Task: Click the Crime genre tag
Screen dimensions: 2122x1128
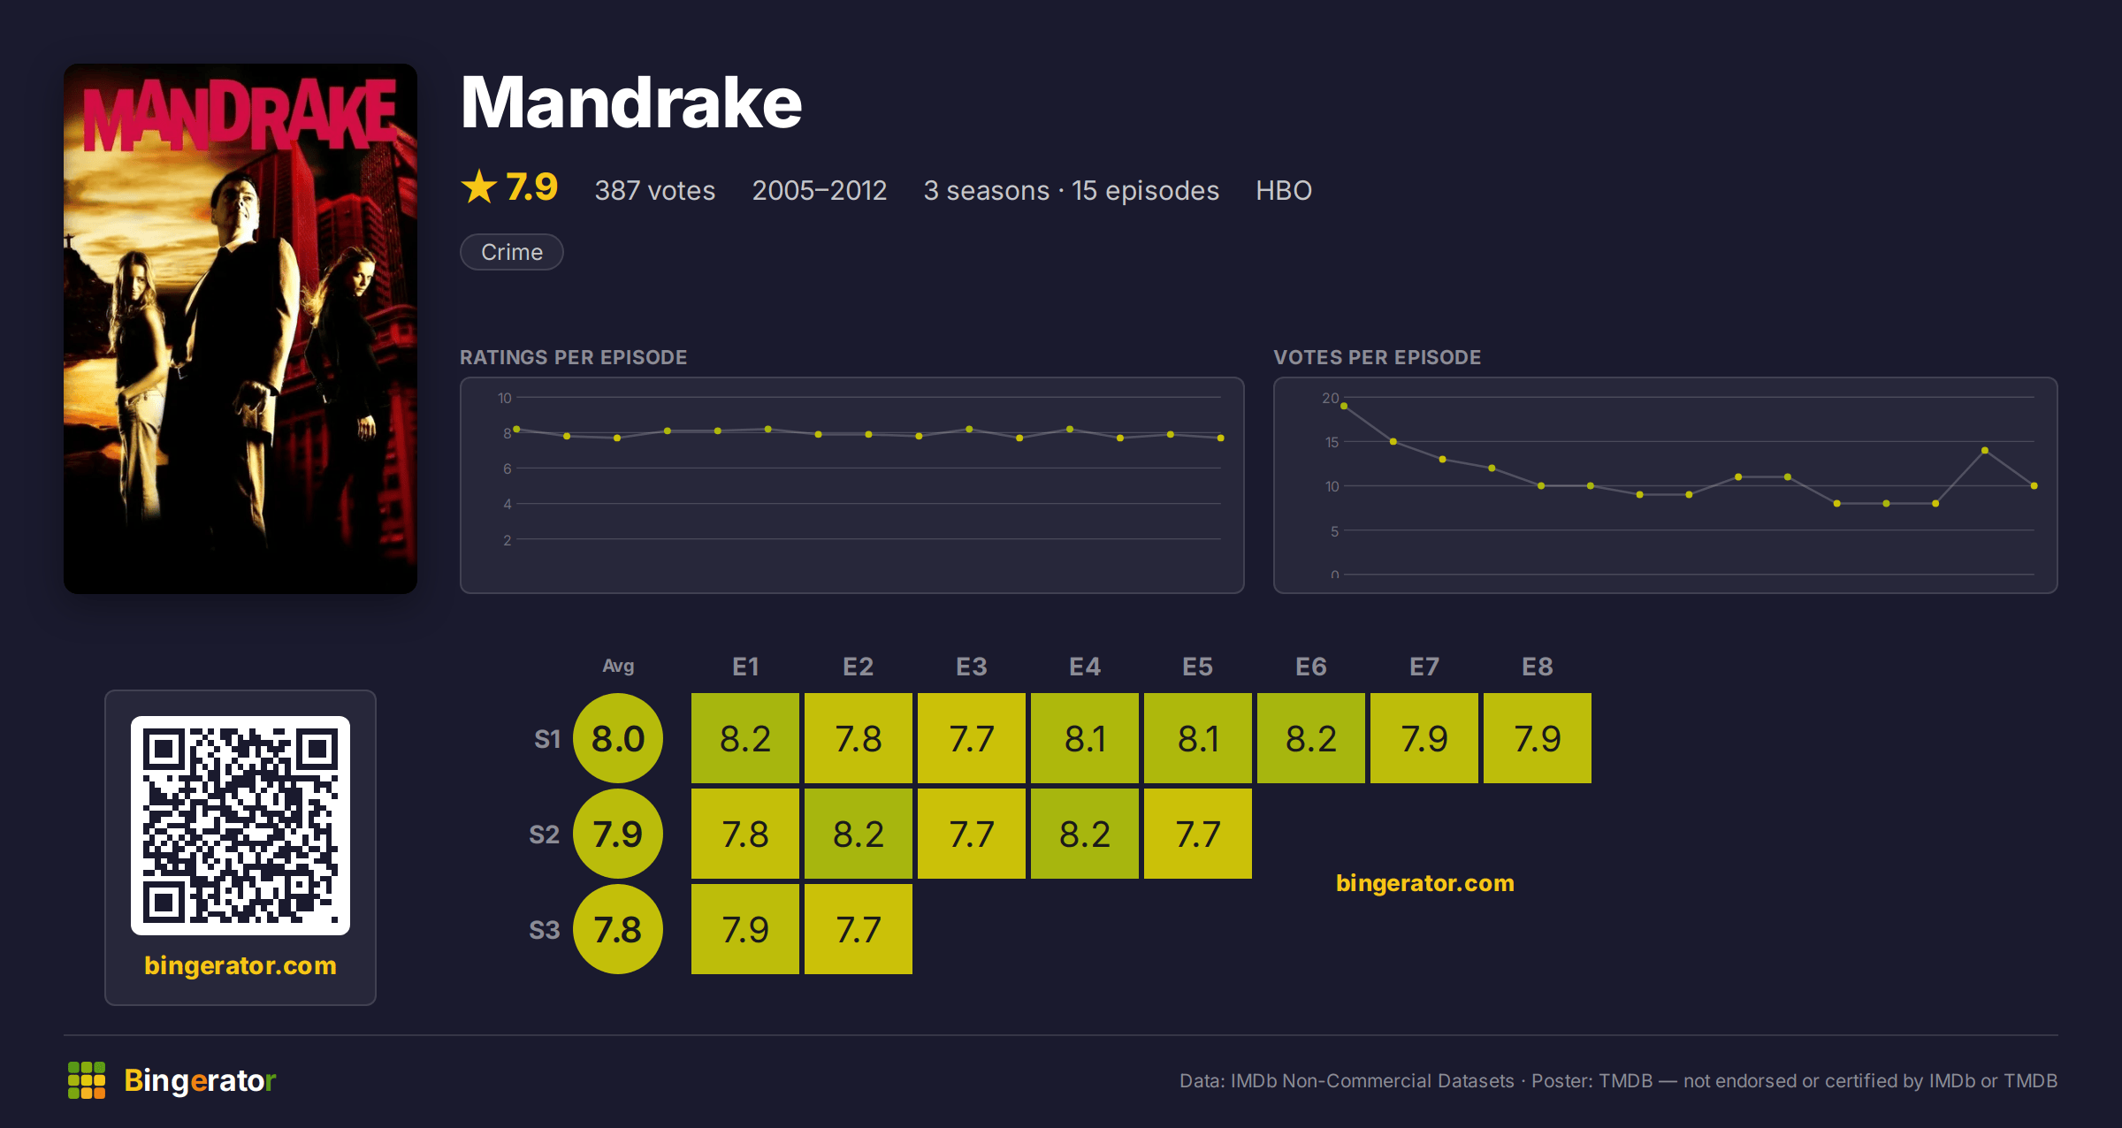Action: pyautogui.click(x=511, y=252)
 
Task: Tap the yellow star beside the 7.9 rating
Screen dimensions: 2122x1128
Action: pyautogui.click(x=479, y=187)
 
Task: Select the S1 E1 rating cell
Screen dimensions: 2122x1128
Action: pyautogui.click(x=745, y=738)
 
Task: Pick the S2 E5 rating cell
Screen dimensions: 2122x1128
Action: pyautogui.click(x=1198, y=834)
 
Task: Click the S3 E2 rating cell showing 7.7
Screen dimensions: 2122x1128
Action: pyautogui.click(x=859, y=929)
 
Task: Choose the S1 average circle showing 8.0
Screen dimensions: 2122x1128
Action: pyautogui.click(x=618, y=738)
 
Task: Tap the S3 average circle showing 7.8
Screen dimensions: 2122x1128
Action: pyautogui.click(x=618, y=929)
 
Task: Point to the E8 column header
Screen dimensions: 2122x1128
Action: pyautogui.click(x=1538, y=667)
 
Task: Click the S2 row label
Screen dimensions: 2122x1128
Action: pyautogui.click(x=545, y=835)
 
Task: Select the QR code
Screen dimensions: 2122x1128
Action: pyautogui.click(x=240, y=826)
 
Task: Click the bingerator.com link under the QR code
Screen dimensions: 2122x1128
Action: pyautogui.click(x=240, y=965)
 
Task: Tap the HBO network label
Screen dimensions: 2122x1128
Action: pyautogui.click(x=1284, y=190)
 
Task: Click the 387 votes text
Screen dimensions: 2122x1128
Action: pyautogui.click(x=655, y=190)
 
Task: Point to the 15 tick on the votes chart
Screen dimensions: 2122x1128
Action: pyautogui.click(x=1332, y=442)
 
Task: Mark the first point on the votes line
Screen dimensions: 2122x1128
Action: pyautogui.click(x=1344, y=406)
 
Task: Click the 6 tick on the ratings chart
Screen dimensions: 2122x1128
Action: pyautogui.click(x=508, y=469)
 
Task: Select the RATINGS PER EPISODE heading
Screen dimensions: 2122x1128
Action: pyautogui.click(x=574, y=357)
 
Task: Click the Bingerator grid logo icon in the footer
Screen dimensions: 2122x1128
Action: pyautogui.click(x=87, y=1080)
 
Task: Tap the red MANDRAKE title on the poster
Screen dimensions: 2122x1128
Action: pyautogui.click(x=240, y=115)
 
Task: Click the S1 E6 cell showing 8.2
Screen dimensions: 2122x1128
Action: pyautogui.click(x=1311, y=738)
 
